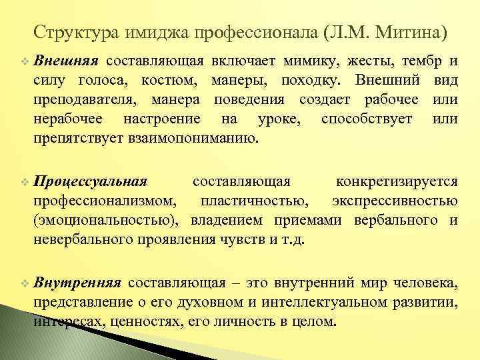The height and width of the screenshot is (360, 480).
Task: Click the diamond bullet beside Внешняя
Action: [25, 62]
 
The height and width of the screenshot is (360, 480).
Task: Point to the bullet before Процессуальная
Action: [25, 181]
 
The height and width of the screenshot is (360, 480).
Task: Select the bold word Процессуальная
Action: [90, 181]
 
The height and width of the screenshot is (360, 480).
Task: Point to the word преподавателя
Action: [79, 101]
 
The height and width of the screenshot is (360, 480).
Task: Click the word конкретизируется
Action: [397, 181]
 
